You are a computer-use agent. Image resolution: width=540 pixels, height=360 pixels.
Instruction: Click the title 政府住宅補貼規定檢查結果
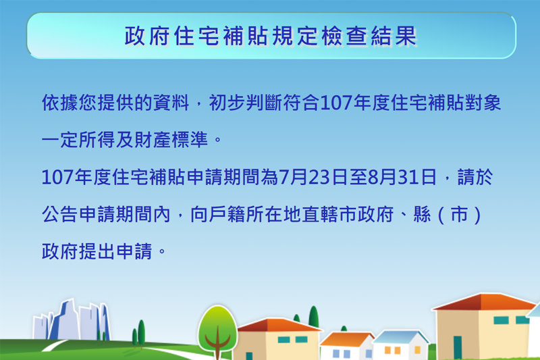click(270, 36)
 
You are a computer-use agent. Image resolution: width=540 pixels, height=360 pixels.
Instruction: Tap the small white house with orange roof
click(346, 346)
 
